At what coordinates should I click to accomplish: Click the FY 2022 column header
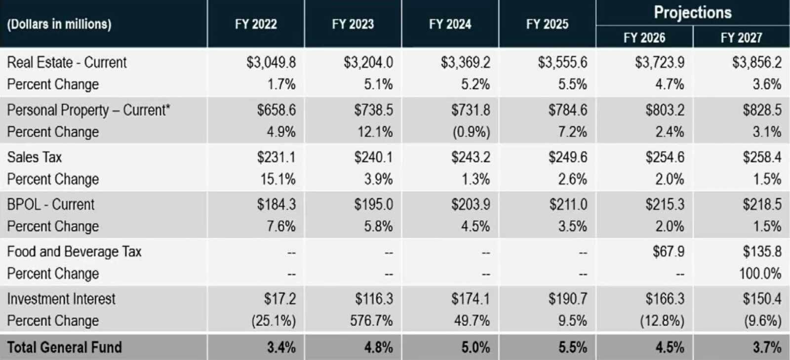tap(256, 24)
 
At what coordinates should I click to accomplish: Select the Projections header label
tap(693, 12)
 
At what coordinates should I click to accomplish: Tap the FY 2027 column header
tap(741, 38)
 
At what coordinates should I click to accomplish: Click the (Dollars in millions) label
tap(59, 24)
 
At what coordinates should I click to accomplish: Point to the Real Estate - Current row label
tap(67, 63)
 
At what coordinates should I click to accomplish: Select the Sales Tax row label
tap(35, 157)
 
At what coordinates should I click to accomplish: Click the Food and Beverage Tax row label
tap(74, 252)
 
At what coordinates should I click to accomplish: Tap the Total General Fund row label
tap(64, 347)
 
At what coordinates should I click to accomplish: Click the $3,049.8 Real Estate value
tap(271, 63)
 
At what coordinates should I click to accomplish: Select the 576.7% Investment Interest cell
tap(371, 321)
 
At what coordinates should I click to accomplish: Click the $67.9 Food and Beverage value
tap(669, 252)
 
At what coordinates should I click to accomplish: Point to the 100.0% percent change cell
tap(760, 274)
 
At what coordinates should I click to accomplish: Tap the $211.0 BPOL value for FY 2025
tap(568, 204)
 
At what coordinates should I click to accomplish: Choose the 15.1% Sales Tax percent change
tap(278, 179)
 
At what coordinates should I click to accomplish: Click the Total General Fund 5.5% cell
tap(573, 347)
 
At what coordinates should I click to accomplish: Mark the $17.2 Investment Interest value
tap(279, 299)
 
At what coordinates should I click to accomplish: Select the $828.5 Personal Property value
tap(762, 110)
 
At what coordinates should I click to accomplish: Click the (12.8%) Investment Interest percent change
tap(662, 321)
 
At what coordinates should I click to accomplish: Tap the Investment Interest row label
tap(61, 299)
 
